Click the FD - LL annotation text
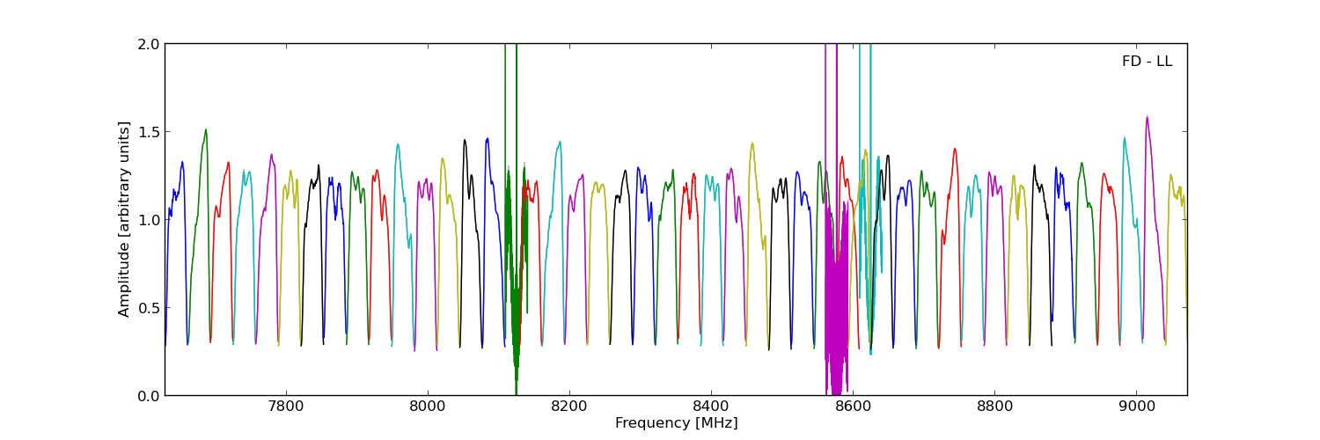(1147, 62)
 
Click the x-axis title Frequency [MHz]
(676, 423)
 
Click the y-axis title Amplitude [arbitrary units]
(125, 219)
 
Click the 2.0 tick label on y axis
(150, 44)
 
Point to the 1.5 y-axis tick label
(150, 132)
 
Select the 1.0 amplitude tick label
(150, 220)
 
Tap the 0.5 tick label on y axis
(150, 308)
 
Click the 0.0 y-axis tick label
(150, 396)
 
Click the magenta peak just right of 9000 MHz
(1147, 117)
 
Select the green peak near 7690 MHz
(206, 130)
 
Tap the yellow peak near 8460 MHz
(752, 143)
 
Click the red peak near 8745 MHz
(954, 149)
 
